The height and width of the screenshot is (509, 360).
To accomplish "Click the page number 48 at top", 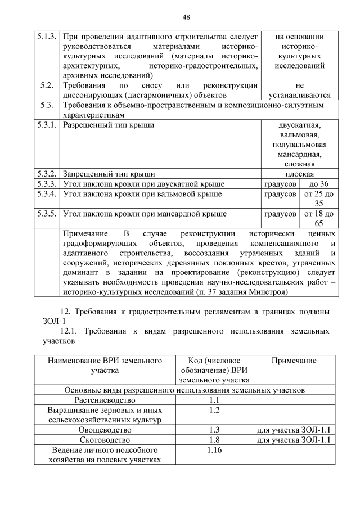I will [186, 16].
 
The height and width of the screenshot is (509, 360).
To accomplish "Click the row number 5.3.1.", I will [47, 125].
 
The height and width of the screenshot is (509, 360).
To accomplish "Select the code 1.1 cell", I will [213, 400].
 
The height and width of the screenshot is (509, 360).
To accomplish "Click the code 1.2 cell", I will [213, 410].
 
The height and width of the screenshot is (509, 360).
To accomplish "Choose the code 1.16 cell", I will [213, 450].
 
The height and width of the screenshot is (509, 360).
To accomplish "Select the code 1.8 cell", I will [213, 440].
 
